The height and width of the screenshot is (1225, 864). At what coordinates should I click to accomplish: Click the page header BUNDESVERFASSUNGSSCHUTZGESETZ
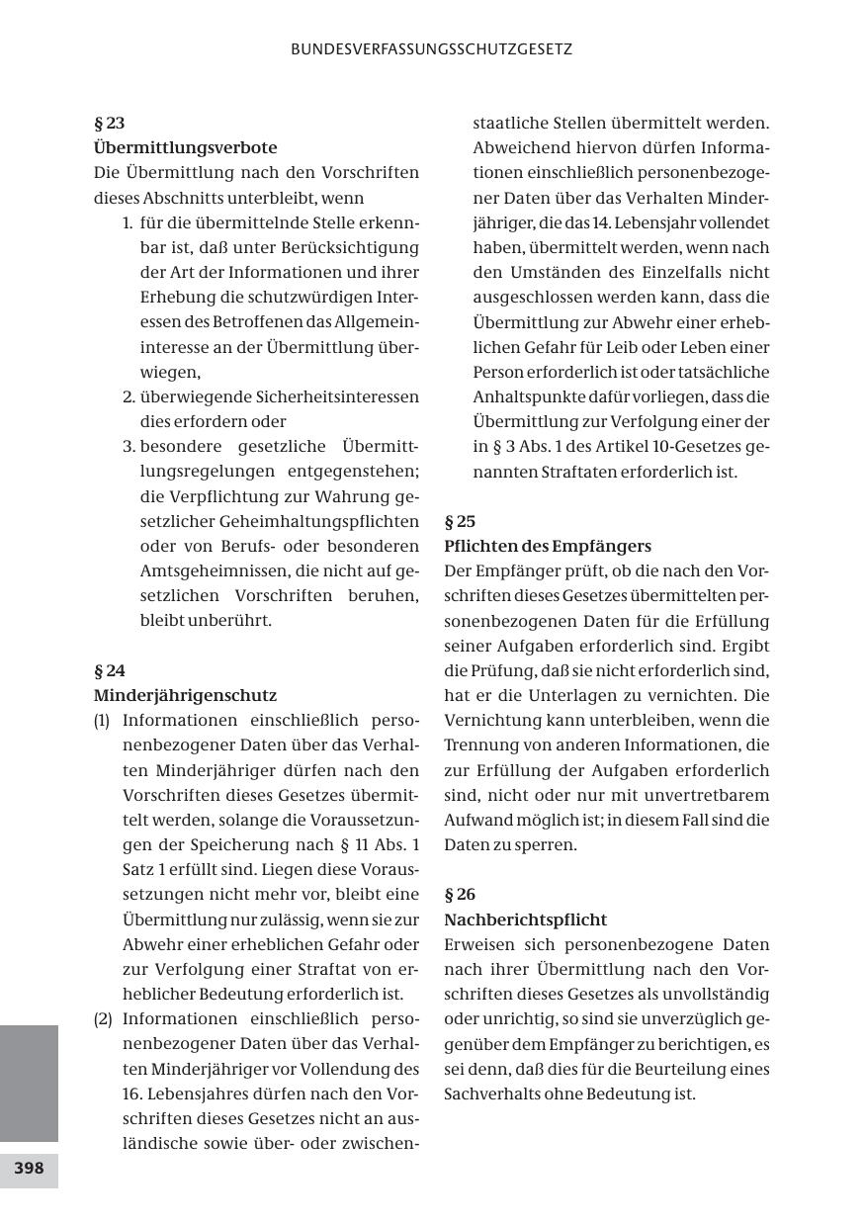point(432,48)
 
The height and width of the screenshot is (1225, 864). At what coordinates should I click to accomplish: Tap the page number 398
point(29,1168)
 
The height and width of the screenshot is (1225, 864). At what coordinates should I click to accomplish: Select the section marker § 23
point(109,124)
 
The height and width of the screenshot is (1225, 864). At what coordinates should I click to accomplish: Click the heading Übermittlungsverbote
point(185,148)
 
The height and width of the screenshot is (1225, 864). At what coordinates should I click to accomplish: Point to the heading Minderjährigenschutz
point(185,695)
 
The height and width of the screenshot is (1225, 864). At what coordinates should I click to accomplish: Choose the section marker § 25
point(460,521)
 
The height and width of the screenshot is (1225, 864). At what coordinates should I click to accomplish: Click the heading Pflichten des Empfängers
point(548,546)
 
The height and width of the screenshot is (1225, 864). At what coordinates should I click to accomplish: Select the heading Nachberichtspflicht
point(525,919)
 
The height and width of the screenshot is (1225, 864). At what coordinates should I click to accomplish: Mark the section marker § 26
point(460,895)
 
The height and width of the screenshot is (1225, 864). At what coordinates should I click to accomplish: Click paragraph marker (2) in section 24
point(103,1018)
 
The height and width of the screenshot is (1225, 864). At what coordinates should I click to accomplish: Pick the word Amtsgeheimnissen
point(204,570)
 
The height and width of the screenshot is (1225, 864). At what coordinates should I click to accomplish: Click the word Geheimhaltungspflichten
point(321,521)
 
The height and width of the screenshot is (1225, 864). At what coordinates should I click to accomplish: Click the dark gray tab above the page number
point(29,1083)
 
